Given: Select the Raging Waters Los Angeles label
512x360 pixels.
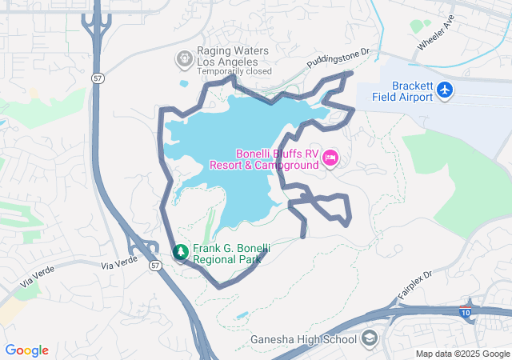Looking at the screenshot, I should point(228,56).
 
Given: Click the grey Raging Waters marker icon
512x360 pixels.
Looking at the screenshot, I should point(183,58).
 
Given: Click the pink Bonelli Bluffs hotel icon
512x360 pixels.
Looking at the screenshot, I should point(330,159).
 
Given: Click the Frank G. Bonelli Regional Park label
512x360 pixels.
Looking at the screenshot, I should point(227,254).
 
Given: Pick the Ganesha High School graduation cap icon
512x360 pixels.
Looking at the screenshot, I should point(369,340).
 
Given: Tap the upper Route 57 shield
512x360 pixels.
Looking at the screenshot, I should point(96,78).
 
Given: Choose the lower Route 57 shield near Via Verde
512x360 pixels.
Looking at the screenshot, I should point(154,265).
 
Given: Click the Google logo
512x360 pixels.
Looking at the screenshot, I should point(27,350).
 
